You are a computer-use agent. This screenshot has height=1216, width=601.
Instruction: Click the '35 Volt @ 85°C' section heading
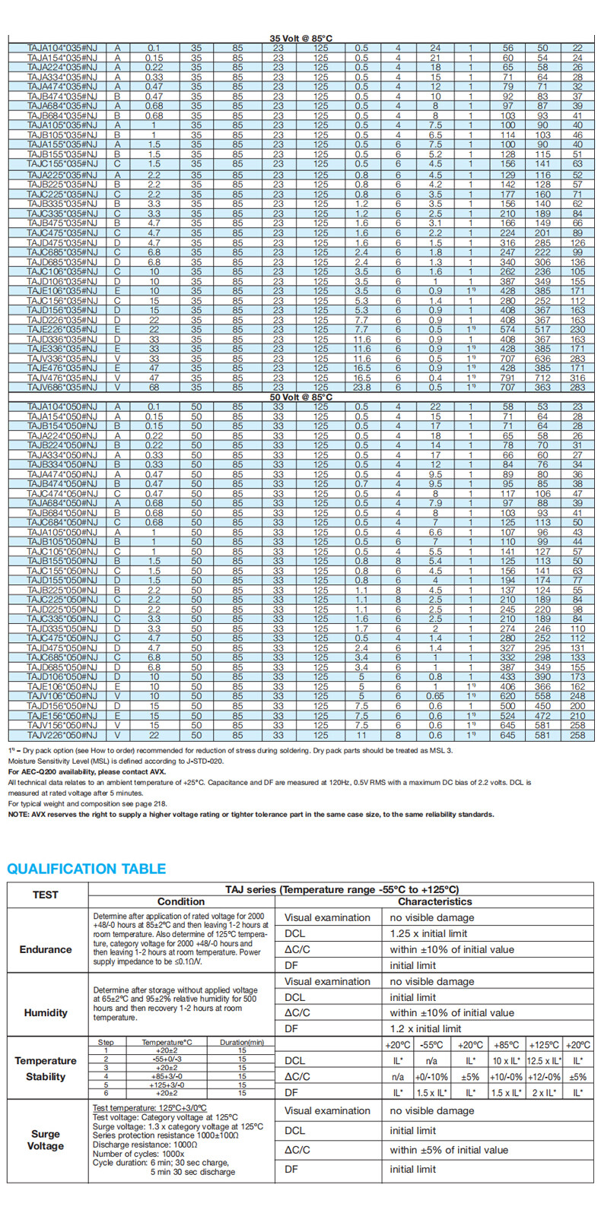pos(301,38)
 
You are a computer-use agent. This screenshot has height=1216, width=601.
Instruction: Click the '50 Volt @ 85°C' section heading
pos(301,397)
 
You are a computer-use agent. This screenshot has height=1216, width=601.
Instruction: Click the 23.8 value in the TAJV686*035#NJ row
pos(362,387)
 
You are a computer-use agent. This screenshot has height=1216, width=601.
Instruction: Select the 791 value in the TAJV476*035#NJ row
pos(508,378)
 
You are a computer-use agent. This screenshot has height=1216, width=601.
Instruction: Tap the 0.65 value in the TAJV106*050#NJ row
pos(435,696)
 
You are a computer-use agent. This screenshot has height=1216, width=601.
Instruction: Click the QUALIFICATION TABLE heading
pos(86,869)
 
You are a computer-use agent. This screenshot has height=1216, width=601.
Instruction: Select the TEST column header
pos(45,895)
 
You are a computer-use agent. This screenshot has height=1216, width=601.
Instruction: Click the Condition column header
pos(181,901)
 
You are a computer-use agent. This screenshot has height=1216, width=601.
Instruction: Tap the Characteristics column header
pos(435,901)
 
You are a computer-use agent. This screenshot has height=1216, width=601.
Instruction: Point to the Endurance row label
pos(46,949)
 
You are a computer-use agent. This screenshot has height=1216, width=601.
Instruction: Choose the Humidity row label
pos(46,1012)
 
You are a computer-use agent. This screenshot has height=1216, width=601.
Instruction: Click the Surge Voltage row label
pos(46,1140)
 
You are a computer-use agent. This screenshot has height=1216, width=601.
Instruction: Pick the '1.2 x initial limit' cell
pos(426,1028)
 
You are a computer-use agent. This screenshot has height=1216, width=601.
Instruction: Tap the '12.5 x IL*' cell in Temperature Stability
pos(543,1060)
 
